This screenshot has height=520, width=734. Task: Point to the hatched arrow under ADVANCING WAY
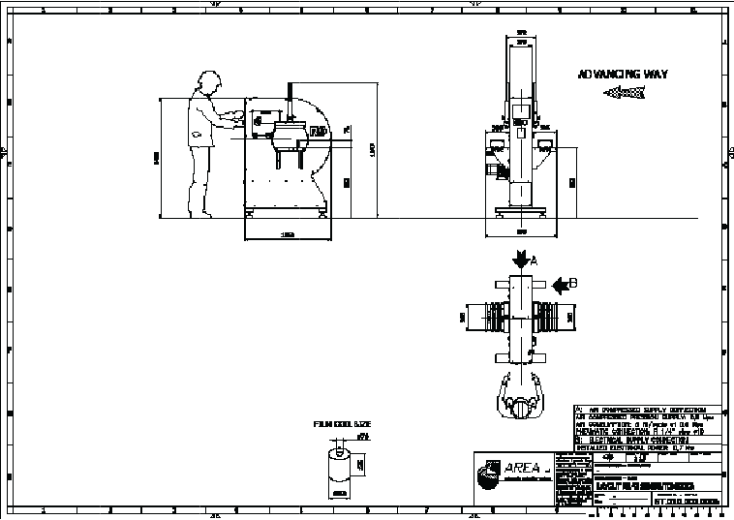point(624,93)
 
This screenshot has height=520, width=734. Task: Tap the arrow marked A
point(520,260)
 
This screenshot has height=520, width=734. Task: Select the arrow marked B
point(565,285)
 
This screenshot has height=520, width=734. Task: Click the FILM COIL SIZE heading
point(342,424)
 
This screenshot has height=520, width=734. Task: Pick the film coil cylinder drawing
point(337,469)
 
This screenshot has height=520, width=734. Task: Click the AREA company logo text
point(523,469)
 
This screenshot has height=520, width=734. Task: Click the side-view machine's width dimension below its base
point(288,234)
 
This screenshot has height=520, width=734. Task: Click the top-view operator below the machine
point(523,399)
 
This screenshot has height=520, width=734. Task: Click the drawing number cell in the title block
point(686,502)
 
